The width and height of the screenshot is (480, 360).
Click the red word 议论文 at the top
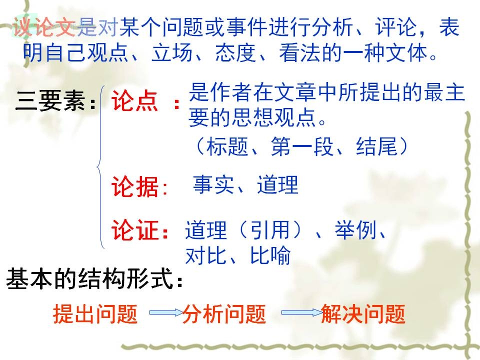(x=44, y=27)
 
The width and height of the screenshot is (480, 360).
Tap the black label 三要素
(x=50, y=100)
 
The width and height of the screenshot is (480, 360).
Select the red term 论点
(x=134, y=100)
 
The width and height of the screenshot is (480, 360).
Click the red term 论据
(x=134, y=186)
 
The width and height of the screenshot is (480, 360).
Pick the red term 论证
(x=134, y=230)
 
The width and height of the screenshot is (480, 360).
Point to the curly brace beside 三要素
(x=100, y=167)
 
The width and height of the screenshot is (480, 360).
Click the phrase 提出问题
(x=95, y=314)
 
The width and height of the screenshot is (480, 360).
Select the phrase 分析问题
(x=224, y=314)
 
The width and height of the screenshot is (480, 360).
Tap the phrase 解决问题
(x=363, y=314)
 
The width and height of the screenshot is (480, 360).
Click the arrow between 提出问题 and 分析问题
(x=166, y=312)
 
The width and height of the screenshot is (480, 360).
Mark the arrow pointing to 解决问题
(x=301, y=312)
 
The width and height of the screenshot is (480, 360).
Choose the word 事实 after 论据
(x=213, y=184)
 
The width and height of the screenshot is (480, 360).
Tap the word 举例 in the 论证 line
(x=355, y=230)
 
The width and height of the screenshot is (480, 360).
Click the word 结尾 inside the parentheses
(x=376, y=146)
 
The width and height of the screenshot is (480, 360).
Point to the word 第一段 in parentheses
(x=302, y=146)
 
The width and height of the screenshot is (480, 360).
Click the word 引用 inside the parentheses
(x=270, y=230)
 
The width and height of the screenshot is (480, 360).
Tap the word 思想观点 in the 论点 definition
(x=273, y=117)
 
